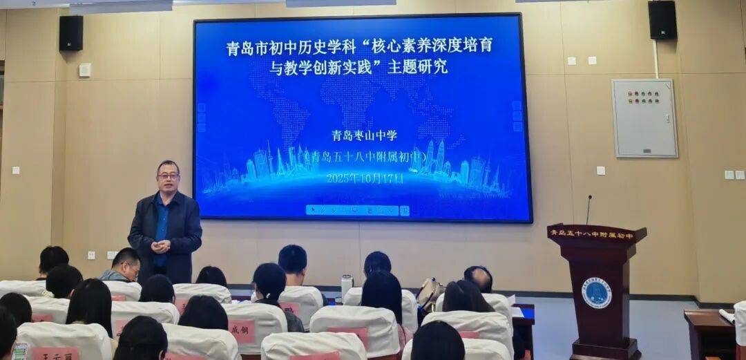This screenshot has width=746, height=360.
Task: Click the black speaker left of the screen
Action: (x=70, y=32)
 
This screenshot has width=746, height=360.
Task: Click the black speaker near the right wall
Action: (x=662, y=20)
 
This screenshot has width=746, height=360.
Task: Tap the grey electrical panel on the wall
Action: (x=644, y=117)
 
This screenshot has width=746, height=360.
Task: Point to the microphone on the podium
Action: (x=589, y=209)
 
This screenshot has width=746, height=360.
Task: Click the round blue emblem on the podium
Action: (x=596, y=292)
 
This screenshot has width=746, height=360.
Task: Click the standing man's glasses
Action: (x=168, y=176)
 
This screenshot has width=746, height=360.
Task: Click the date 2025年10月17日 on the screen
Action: (x=364, y=178)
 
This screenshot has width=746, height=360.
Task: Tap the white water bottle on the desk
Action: (x=346, y=287)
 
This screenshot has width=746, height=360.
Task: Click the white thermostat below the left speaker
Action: (x=84, y=70)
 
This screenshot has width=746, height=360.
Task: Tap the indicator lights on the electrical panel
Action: (x=642, y=97)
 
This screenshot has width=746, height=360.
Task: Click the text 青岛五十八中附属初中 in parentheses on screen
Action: (x=364, y=157)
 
